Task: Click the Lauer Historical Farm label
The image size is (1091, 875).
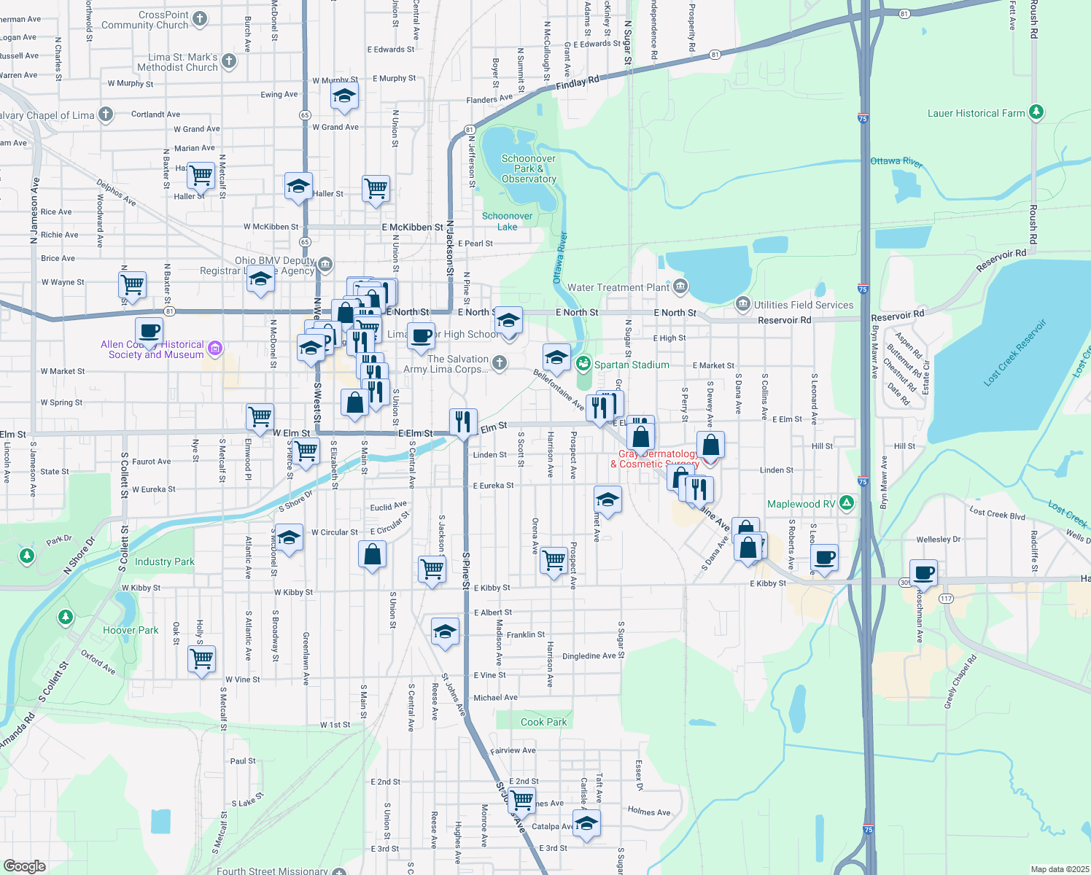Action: pyautogui.click(x=976, y=113)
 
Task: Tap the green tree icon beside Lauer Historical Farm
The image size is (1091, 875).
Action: pyautogui.click(x=1036, y=112)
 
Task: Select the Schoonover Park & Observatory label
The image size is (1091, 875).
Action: pyautogui.click(x=529, y=168)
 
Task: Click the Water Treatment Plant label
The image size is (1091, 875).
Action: pyautogui.click(x=618, y=287)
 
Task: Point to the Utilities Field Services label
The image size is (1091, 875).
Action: pyautogui.click(x=804, y=305)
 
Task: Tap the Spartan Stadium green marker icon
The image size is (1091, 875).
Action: pyautogui.click(x=583, y=364)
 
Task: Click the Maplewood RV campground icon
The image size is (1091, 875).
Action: pyautogui.click(x=847, y=503)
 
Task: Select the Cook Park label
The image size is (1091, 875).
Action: pyautogui.click(x=543, y=722)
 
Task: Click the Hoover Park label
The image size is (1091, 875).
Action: pyautogui.click(x=131, y=630)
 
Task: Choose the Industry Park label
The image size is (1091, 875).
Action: pyautogui.click(x=164, y=561)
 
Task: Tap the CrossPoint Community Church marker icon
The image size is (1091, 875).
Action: pyautogui.click(x=200, y=19)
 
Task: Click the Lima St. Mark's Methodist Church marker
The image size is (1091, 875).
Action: pyautogui.click(x=229, y=61)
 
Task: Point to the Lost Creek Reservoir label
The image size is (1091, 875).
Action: pyautogui.click(x=1014, y=353)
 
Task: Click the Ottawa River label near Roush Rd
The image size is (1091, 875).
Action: pyautogui.click(x=896, y=161)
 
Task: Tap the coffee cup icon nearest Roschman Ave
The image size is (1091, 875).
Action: pyautogui.click(x=923, y=573)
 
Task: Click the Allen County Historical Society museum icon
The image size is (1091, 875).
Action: pyautogui.click(x=214, y=349)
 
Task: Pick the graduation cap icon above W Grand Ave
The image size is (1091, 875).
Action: pyautogui.click(x=344, y=96)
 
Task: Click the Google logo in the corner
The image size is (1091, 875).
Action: pyautogui.click(x=24, y=866)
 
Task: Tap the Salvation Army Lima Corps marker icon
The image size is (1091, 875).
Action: pyautogui.click(x=500, y=362)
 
